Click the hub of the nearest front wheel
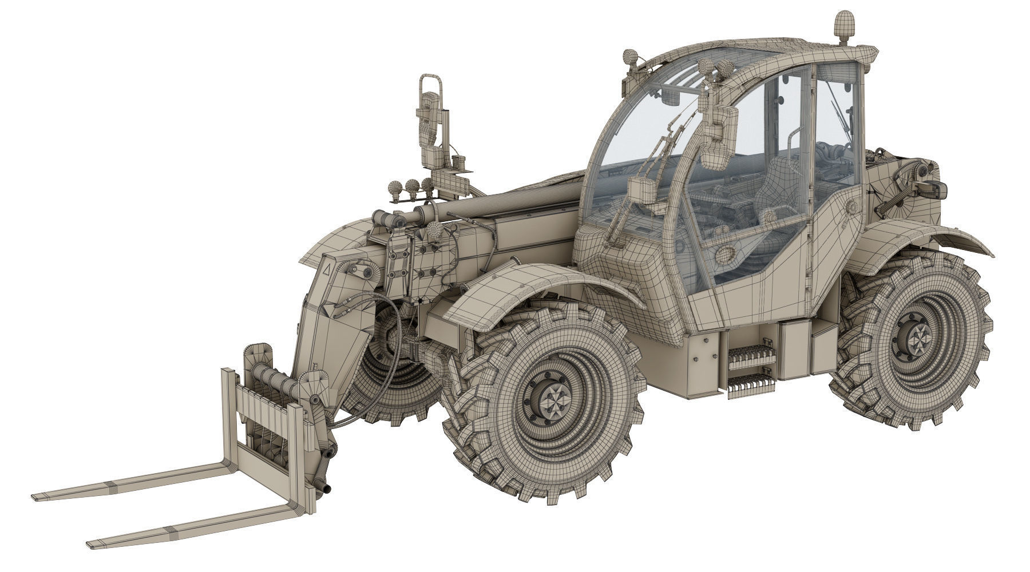[550, 396]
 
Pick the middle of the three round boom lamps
[410, 185]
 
